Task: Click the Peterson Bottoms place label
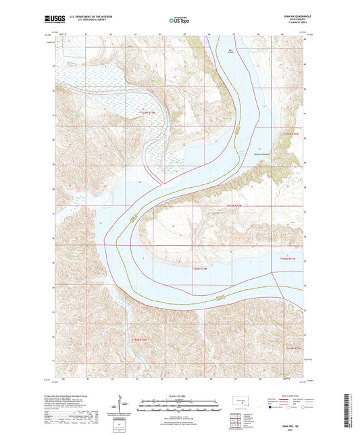tap(262, 150)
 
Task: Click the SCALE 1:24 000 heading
tap(179, 395)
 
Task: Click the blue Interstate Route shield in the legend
tap(272, 408)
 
